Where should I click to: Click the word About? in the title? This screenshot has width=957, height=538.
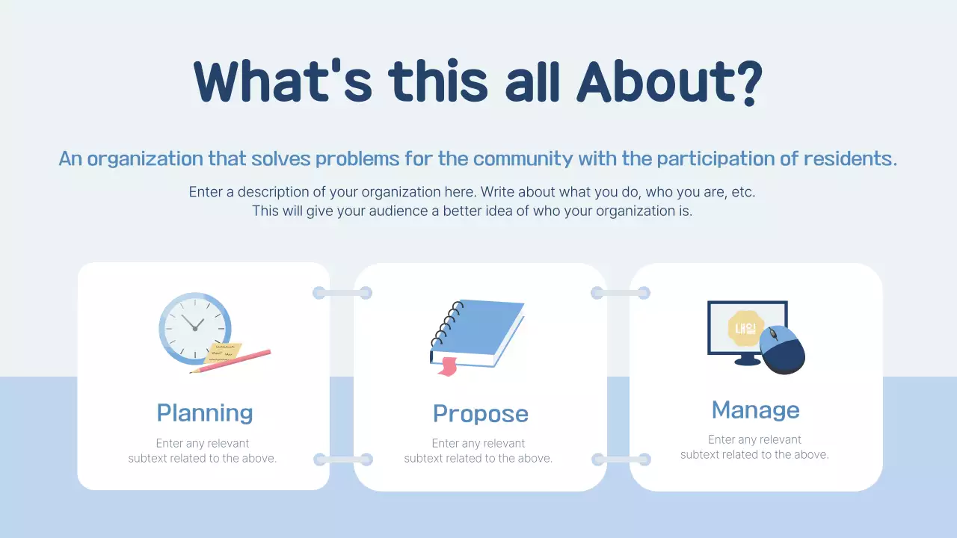(669, 82)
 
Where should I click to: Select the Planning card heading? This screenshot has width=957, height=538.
(205, 413)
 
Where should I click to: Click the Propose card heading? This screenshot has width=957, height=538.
(481, 414)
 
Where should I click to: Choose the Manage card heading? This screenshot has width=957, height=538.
(755, 410)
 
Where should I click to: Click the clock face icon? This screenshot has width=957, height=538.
(195, 328)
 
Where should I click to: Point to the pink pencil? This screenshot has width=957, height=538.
(231, 361)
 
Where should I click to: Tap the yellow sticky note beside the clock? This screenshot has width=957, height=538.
(223, 353)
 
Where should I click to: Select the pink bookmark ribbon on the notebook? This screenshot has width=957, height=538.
(447, 367)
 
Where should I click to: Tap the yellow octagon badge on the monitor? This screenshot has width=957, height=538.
(745, 328)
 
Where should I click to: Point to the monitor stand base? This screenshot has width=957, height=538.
(747, 362)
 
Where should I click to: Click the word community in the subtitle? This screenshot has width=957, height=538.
(523, 159)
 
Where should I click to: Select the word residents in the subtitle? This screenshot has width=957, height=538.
(850, 158)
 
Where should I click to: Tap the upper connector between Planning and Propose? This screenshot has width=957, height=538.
(342, 293)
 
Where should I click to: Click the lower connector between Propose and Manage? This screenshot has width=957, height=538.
(621, 460)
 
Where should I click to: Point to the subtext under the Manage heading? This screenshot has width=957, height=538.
(754, 447)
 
